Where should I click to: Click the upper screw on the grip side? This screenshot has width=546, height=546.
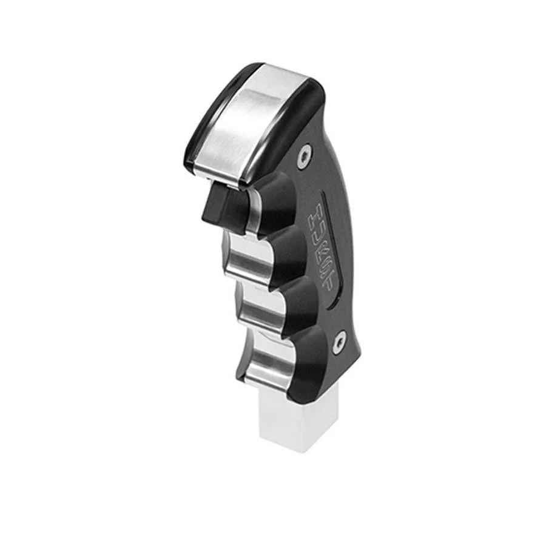[x=303, y=157]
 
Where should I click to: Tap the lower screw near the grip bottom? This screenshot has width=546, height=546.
[x=339, y=344]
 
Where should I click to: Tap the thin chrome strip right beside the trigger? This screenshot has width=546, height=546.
[x=252, y=209]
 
